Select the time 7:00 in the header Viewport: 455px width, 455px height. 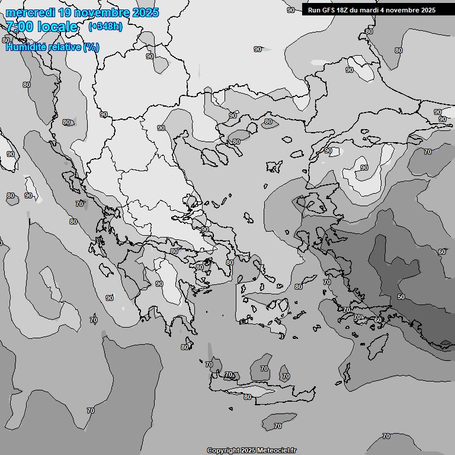(20, 27)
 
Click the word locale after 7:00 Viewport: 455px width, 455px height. (56, 27)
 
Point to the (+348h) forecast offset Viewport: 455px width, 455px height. (105, 27)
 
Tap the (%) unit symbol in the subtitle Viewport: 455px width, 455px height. (91, 47)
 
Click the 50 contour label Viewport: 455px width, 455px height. (401, 297)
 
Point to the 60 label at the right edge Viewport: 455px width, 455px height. (442, 252)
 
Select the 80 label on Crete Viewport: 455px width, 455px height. (247, 397)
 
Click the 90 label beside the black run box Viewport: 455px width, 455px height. (291, 10)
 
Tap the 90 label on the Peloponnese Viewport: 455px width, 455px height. (159, 284)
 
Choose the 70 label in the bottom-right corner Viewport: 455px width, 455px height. (386, 436)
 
